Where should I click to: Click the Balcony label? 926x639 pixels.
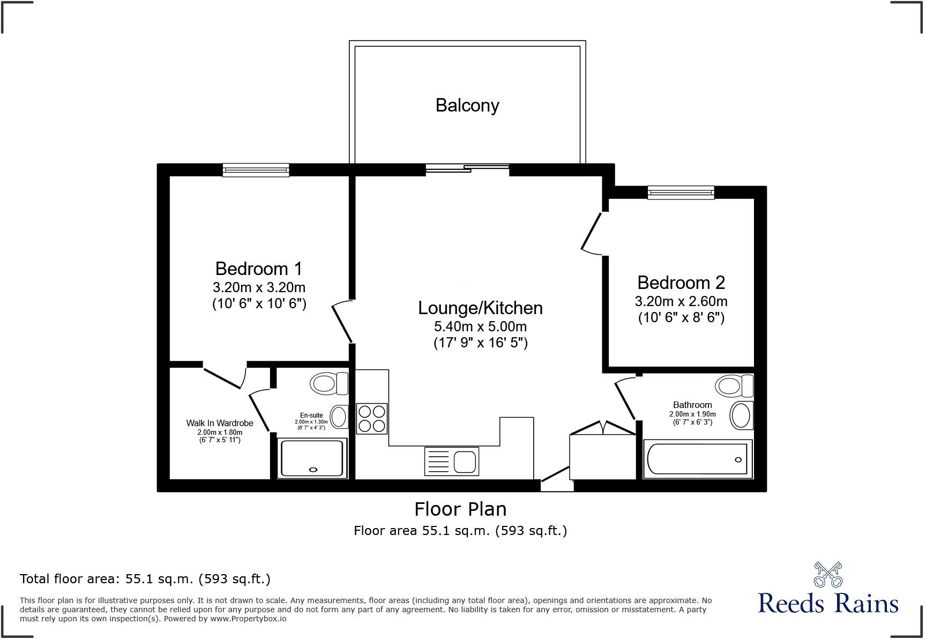(x=467, y=105)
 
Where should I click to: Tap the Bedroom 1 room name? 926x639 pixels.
(x=259, y=268)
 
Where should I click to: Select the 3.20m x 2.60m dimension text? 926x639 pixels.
(x=681, y=301)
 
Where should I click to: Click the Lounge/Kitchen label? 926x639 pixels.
(x=480, y=308)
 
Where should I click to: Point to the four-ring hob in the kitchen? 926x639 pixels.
(x=371, y=419)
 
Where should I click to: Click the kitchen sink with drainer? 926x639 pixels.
(x=451, y=461)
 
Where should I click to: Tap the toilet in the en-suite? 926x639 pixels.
(x=328, y=383)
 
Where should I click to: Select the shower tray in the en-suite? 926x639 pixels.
(x=312, y=458)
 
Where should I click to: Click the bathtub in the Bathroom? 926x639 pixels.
(x=697, y=458)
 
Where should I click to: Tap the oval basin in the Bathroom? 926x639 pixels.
(x=741, y=415)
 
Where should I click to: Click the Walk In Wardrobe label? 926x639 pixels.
(x=220, y=423)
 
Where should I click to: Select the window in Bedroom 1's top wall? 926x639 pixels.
(x=256, y=170)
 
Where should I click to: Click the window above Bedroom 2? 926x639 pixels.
(x=681, y=192)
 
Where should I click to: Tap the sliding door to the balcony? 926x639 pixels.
(x=467, y=169)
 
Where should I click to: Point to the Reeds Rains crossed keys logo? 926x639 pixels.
(x=828, y=574)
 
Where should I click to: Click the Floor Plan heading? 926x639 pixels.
(x=460, y=509)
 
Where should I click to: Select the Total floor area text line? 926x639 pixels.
(x=145, y=578)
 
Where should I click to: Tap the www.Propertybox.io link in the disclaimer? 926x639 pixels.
(x=248, y=618)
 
